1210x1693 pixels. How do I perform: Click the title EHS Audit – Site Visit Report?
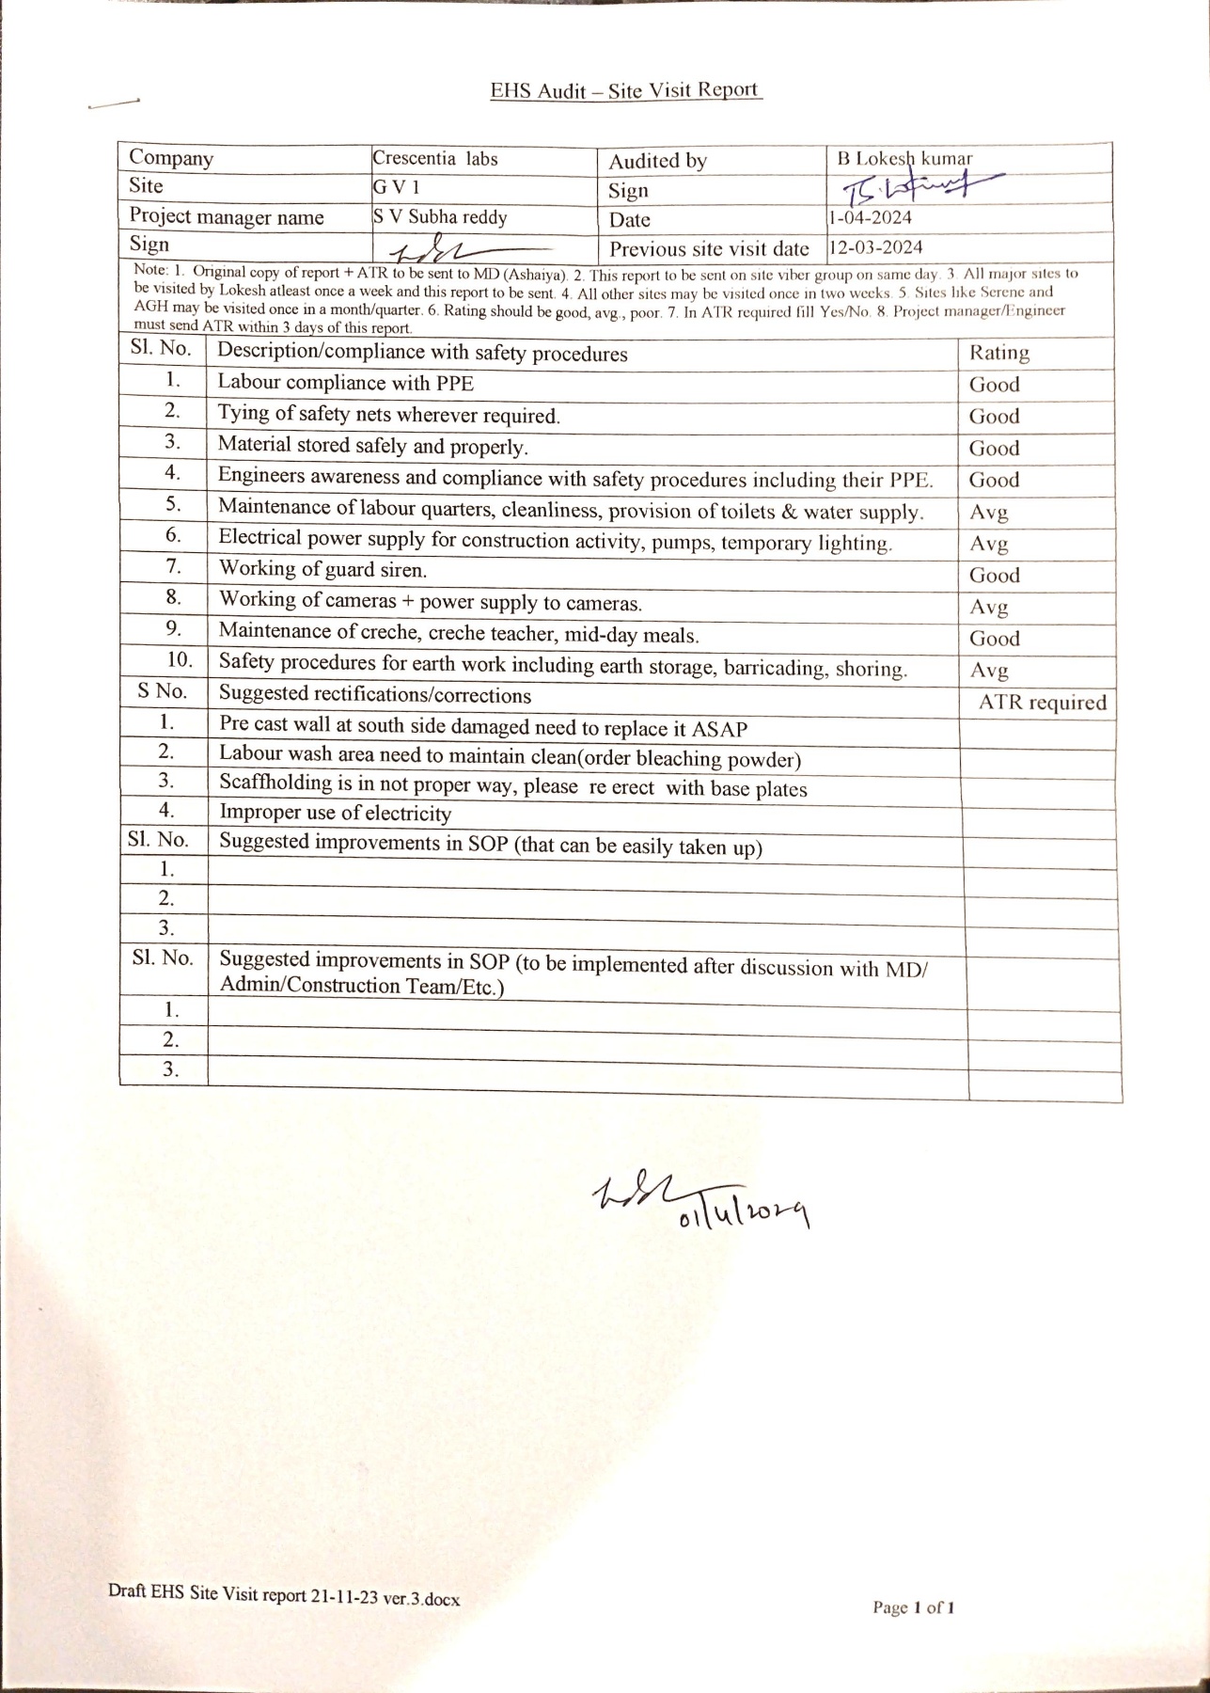tap(625, 91)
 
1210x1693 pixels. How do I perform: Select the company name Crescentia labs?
tap(435, 158)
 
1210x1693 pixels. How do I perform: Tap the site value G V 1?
tap(391, 187)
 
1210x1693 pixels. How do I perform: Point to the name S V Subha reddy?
tap(440, 217)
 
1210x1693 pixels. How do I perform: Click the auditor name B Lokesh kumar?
tap(904, 159)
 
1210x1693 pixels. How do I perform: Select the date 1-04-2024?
tap(870, 218)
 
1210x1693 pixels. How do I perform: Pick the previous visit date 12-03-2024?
tap(875, 248)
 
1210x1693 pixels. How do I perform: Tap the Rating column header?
tap(999, 353)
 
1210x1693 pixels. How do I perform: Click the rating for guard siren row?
tap(995, 575)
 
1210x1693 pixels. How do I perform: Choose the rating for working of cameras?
tap(989, 607)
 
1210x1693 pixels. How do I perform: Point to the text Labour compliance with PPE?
tap(346, 383)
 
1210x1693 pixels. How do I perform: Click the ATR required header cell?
tap(1042, 703)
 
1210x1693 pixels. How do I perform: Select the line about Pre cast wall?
tap(483, 727)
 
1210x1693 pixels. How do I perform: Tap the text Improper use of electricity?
tap(335, 813)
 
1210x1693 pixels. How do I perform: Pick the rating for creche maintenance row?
tap(995, 639)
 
